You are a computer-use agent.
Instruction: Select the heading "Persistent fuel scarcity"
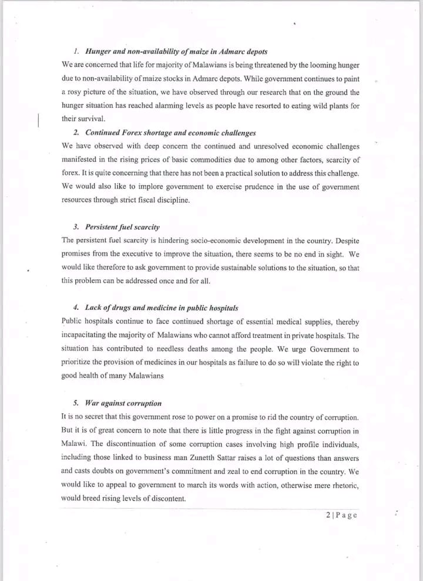click(x=122, y=227)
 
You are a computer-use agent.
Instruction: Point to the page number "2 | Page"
click(x=341, y=515)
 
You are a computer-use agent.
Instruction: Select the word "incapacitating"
click(x=86, y=335)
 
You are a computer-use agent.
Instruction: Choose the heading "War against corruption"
click(x=123, y=403)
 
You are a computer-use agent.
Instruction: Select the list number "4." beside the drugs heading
click(x=76, y=308)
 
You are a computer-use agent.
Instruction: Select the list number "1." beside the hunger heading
click(x=76, y=52)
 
